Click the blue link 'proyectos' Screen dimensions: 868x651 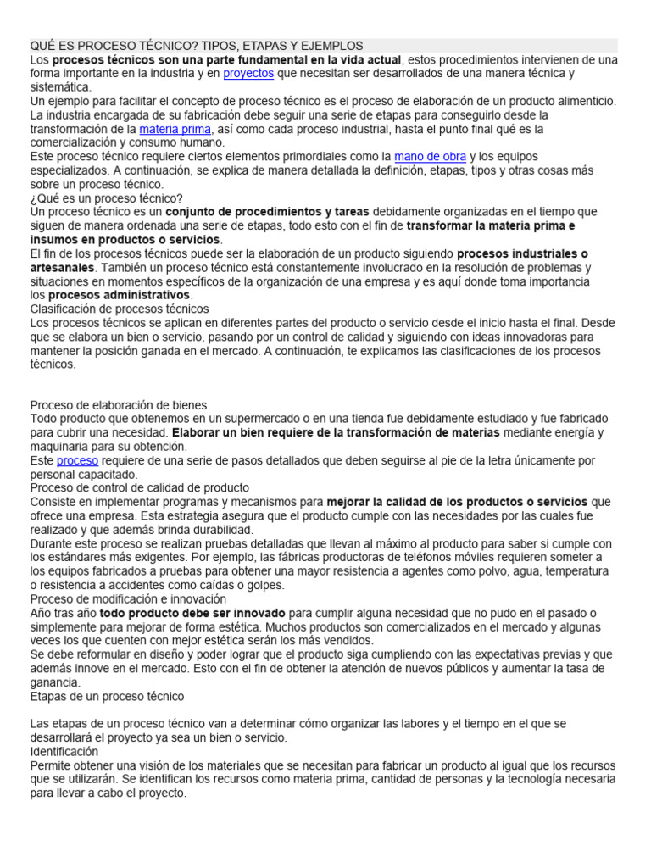click(248, 74)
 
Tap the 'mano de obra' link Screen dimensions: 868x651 click(431, 157)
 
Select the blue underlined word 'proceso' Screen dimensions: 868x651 click(77, 461)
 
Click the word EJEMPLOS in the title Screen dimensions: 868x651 click(332, 45)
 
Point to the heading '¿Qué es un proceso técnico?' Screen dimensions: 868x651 click(106, 198)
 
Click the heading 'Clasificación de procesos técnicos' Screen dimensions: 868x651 click(120, 309)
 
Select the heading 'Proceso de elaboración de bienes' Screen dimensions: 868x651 click(119, 405)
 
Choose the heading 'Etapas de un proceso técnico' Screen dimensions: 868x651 click(107, 696)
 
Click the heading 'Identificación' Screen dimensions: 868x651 click(64, 752)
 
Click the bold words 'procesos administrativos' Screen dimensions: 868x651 click(119, 295)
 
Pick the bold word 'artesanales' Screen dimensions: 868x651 click(62, 268)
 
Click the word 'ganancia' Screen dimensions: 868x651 click(55, 682)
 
